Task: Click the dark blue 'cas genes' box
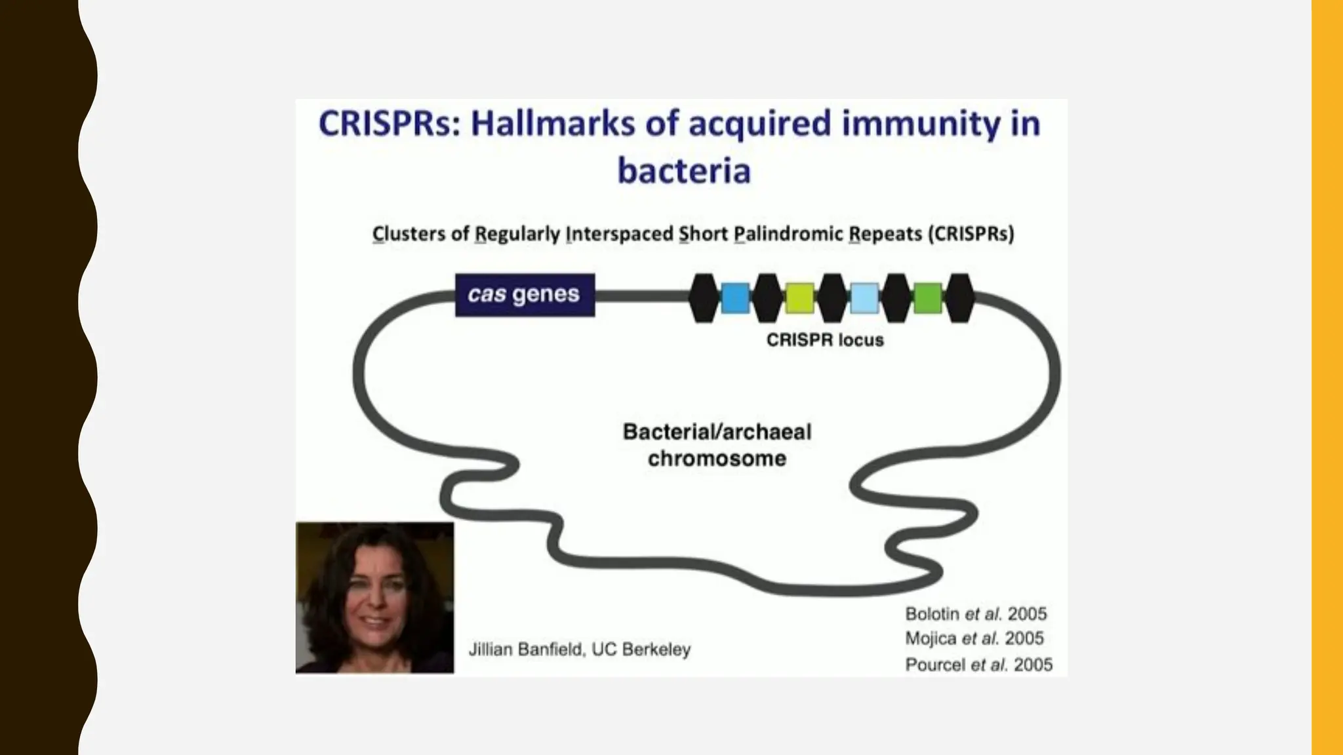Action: point(525,295)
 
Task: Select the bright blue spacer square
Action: point(735,298)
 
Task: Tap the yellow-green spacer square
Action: point(799,298)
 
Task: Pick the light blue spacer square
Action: point(864,298)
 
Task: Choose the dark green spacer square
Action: point(927,298)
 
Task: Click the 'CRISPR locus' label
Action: point(825,340)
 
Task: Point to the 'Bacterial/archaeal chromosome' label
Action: point(717,445)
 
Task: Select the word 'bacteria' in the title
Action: point(684,170)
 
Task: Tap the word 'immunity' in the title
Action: point(921,124)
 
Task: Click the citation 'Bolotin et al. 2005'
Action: point(976,614)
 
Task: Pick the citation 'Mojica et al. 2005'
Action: point(974,638)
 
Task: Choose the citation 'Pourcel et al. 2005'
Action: point(978,665)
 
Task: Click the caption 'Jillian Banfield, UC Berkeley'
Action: point(580,649)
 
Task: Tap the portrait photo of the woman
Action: point(374,598)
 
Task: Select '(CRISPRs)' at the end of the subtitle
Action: point(971,234)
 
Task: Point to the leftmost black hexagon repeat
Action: point(704,298)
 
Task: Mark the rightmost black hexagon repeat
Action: point(959,298)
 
